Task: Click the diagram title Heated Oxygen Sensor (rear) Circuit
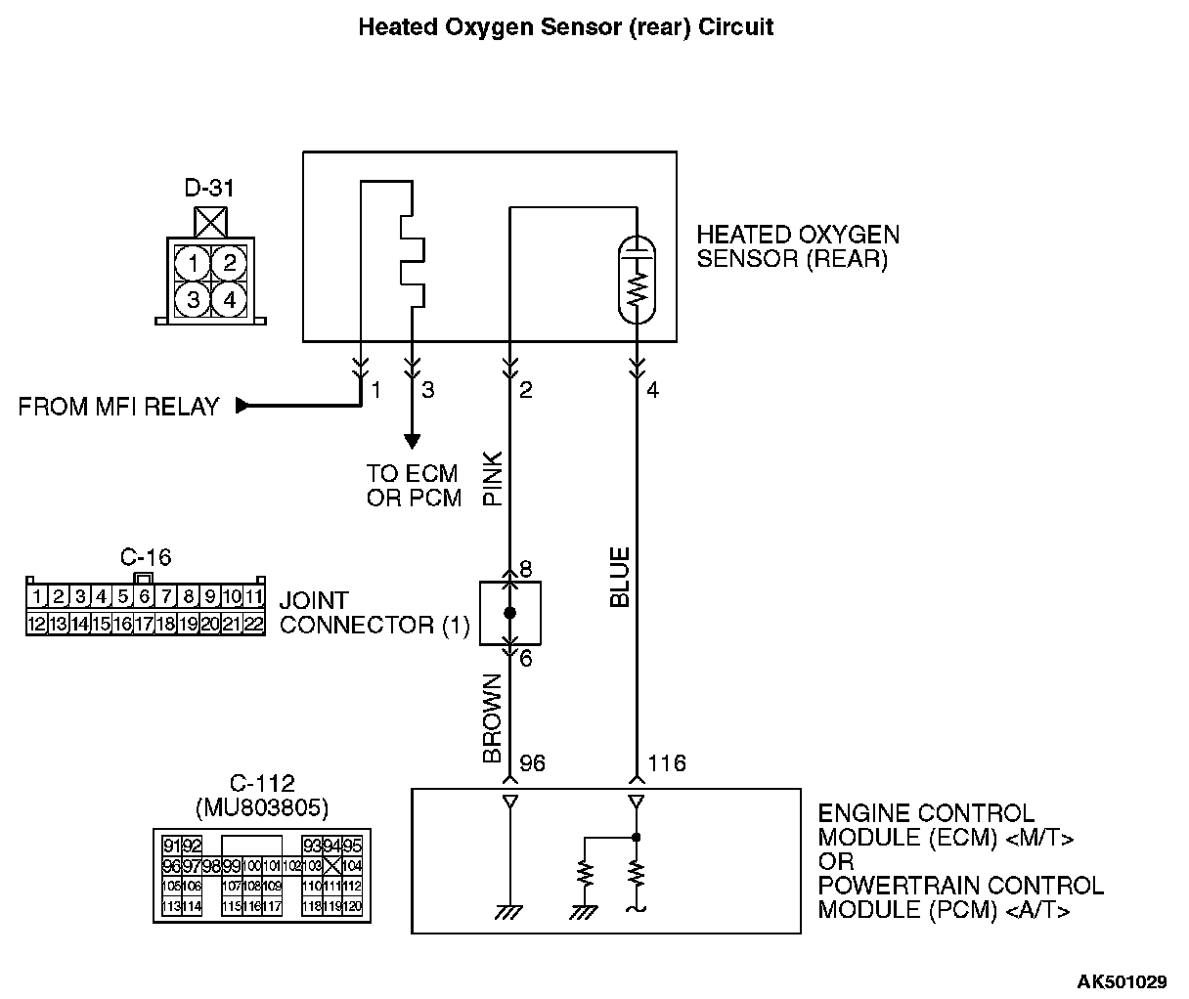point(565,27)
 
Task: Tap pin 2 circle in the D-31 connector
point(229,263)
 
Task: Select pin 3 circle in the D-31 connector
point(194,300)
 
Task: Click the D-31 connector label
point(209,188)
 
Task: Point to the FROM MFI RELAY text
point(119,407)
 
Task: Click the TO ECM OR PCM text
point(414,485)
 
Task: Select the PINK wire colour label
point(492,478)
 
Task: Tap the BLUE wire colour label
point(620,577)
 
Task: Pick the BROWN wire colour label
point(492,718)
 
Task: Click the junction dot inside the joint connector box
point(509,613)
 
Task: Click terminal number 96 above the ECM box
point(532,762)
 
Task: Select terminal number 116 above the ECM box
point(666,762)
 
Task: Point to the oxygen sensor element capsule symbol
point(638,279)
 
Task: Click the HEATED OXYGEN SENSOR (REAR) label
point(798,247)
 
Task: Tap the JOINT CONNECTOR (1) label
point(374,613)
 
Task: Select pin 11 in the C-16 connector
point(254,596)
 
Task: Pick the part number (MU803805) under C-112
point(262,808)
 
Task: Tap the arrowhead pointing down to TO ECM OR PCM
point(412,442)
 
